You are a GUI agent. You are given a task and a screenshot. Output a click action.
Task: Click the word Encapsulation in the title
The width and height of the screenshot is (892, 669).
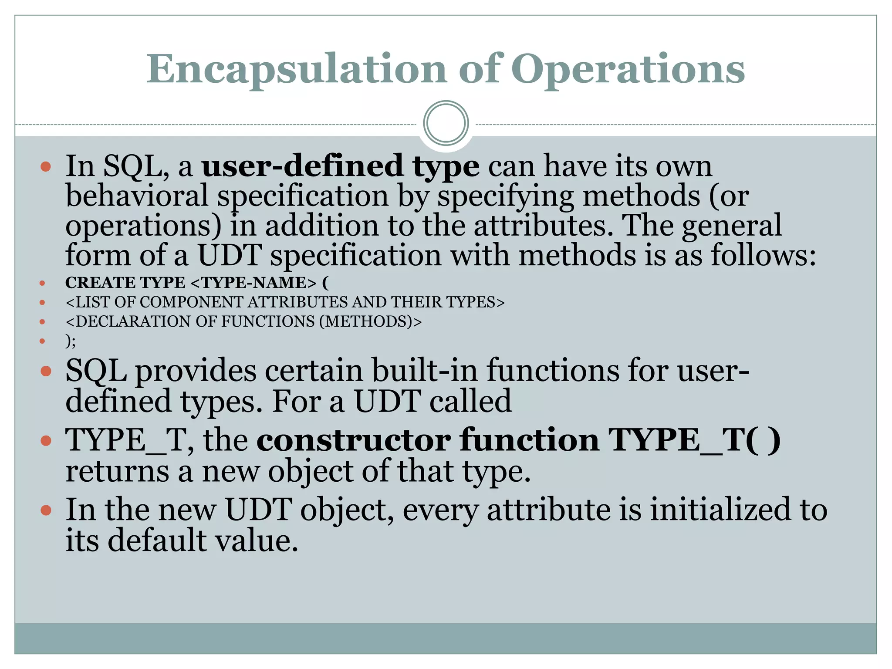tap(296, 70)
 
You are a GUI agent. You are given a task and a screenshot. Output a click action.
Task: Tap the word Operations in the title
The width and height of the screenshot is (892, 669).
tap(628, 70)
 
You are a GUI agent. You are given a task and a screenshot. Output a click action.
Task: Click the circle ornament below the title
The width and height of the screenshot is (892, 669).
tap(446, 123)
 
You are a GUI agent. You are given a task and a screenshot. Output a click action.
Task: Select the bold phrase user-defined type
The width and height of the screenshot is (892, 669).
tap(340, 166)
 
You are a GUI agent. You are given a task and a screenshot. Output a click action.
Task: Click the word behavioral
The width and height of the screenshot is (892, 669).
tap(137, 196)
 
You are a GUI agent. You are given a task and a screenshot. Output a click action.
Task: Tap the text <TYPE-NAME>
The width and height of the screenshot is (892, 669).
tap(253, 283)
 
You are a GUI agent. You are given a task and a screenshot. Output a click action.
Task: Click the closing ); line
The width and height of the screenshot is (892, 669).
tap(71, 341)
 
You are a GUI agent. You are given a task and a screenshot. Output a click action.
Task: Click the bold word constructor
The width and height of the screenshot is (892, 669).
tap(354, 440)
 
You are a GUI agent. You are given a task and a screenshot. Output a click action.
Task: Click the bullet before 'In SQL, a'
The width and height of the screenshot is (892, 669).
tap(46, 166)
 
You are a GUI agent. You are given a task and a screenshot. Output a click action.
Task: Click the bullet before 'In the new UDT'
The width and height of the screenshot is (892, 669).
tap(46, 510)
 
